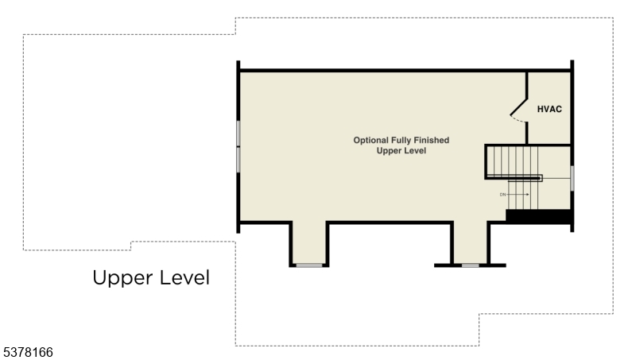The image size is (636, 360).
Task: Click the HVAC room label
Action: click(549, 109)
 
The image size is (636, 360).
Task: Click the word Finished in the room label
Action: click(430, 140)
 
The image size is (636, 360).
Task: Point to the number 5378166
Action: click(27, 350)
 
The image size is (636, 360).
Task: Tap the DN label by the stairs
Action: click(502, 194)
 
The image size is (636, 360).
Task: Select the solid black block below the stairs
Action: click(539, 215)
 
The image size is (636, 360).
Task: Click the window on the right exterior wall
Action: click(572, 178)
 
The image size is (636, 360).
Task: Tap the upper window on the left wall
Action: click(238, 133)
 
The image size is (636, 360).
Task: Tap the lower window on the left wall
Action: click(238, 159)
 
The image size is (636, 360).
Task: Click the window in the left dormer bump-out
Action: click(309, 265)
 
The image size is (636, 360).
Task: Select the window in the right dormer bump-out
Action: click(471, 265)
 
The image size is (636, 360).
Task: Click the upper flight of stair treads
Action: click(513, 161)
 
